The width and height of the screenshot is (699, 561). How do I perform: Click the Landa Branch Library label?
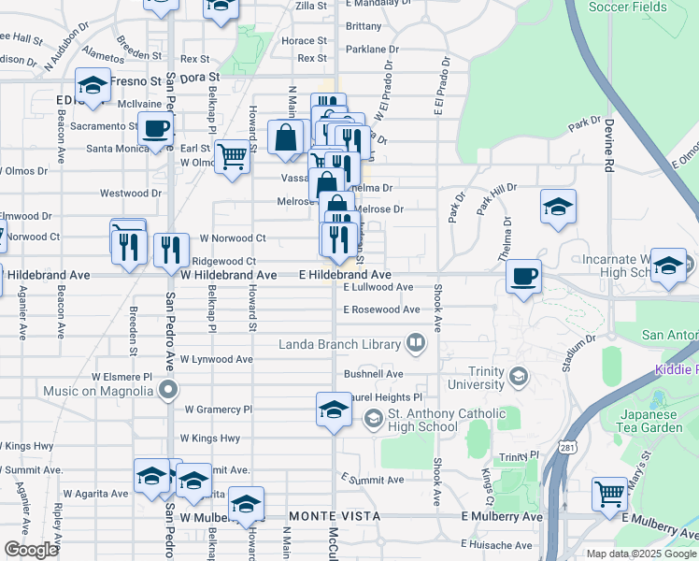point(340,345)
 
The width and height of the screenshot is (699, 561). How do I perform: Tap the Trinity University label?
point(476,377)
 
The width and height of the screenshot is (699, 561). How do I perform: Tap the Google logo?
point(30,550)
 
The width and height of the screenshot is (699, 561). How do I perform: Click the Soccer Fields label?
point(628,7)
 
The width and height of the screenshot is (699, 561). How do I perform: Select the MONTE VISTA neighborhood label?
point(335,516)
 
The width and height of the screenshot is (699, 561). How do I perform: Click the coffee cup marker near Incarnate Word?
point(523,277)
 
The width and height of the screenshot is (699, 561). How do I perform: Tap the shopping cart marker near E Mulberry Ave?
point(610,493)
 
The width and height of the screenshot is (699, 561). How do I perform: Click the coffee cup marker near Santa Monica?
point(155,129)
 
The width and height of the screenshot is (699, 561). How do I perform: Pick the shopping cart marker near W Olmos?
point(232,156)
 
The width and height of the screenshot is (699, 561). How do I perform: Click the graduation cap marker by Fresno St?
point(93,86)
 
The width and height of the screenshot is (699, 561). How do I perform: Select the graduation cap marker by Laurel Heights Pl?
point(334,410)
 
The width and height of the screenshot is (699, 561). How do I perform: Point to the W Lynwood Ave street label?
point(216,359)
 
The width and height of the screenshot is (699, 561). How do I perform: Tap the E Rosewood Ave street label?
point(381,309)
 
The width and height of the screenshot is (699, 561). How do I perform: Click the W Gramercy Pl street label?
point(219,410)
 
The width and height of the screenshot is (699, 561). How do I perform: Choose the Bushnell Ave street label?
point(372,373)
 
